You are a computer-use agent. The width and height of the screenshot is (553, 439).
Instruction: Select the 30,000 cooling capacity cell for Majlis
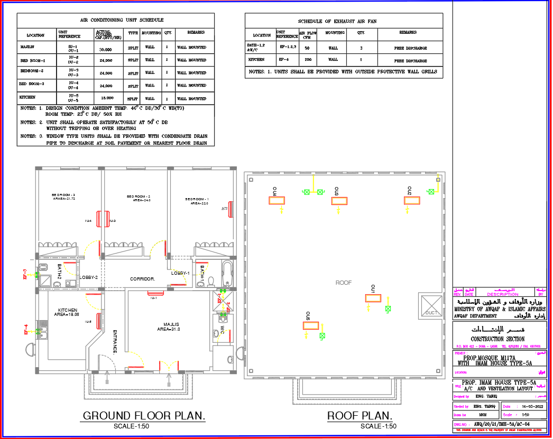(x=105, y=49)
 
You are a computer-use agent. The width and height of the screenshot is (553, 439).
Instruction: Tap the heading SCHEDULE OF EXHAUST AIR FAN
(x=344, y=21)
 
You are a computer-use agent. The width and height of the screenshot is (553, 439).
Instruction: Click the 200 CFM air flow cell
(x=307, y=60)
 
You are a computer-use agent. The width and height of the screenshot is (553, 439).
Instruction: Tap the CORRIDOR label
(x=142, y=278)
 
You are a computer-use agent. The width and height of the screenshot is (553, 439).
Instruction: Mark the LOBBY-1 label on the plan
(x=180, y=273)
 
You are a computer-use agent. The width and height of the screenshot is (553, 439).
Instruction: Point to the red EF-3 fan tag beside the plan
(x=25, y=274)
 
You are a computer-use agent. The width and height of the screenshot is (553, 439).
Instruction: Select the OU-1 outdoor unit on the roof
(x=373, y=298)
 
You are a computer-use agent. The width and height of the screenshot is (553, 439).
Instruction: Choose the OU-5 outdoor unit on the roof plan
(x=311, y=325)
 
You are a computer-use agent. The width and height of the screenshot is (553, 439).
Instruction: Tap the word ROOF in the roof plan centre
(x=344, y=283)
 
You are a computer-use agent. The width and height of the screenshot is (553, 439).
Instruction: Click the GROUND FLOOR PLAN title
(x=144, y=416)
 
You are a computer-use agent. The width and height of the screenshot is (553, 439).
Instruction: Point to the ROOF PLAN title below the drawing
(x=360, y=416)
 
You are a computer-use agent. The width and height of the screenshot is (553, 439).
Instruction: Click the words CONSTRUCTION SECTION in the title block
(x=497, y=339)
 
